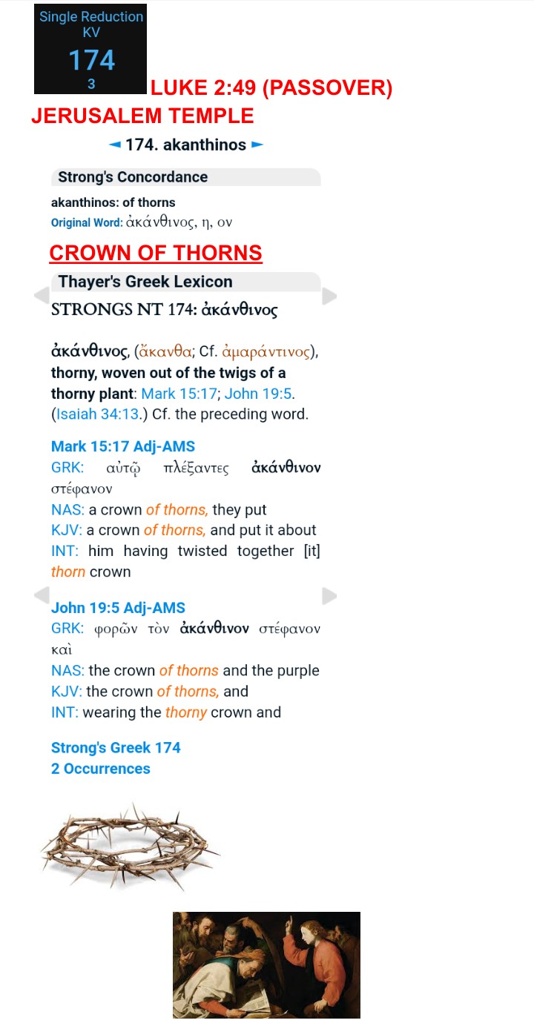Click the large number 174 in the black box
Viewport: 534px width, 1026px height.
91,59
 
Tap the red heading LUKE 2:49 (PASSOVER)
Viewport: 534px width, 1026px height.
271,88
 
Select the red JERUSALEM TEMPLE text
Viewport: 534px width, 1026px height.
142,116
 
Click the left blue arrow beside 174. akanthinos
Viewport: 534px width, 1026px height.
115,145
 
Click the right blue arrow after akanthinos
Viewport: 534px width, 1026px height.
257,145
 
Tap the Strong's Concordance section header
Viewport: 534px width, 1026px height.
133,177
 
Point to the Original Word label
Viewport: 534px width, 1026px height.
81,222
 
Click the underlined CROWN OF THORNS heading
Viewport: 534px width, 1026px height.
156,253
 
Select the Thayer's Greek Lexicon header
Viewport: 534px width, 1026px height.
145,282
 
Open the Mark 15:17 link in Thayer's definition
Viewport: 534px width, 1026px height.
178,394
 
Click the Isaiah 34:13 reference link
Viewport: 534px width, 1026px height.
97,414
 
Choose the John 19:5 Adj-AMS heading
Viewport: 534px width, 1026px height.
118,608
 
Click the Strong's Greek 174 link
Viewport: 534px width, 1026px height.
116,747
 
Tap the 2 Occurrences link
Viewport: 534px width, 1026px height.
100,768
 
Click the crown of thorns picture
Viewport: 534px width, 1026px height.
130,846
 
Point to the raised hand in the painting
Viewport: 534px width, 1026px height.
291,926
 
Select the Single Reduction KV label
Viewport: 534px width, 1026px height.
91,24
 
